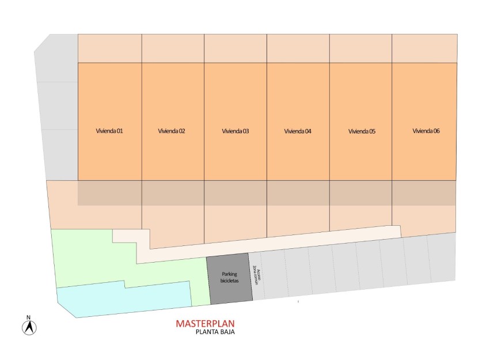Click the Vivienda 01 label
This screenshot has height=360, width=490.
(109, 131)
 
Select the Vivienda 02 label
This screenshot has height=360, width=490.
(172, 131)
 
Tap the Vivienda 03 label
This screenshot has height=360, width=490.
(235, 131)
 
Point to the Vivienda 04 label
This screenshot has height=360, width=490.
(298, 131)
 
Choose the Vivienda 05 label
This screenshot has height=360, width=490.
(362, 131)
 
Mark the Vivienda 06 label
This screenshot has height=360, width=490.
(426, 131)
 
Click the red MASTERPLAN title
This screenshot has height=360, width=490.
(206, 324)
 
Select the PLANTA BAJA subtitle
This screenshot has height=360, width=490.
(215, 332)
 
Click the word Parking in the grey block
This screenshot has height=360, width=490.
(230, 275)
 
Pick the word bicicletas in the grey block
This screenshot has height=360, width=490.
(230, 282)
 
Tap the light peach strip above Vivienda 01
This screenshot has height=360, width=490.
(109, 48)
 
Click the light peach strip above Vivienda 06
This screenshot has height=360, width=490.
(424, 48)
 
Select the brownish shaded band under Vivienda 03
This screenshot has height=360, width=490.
(235, 193)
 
